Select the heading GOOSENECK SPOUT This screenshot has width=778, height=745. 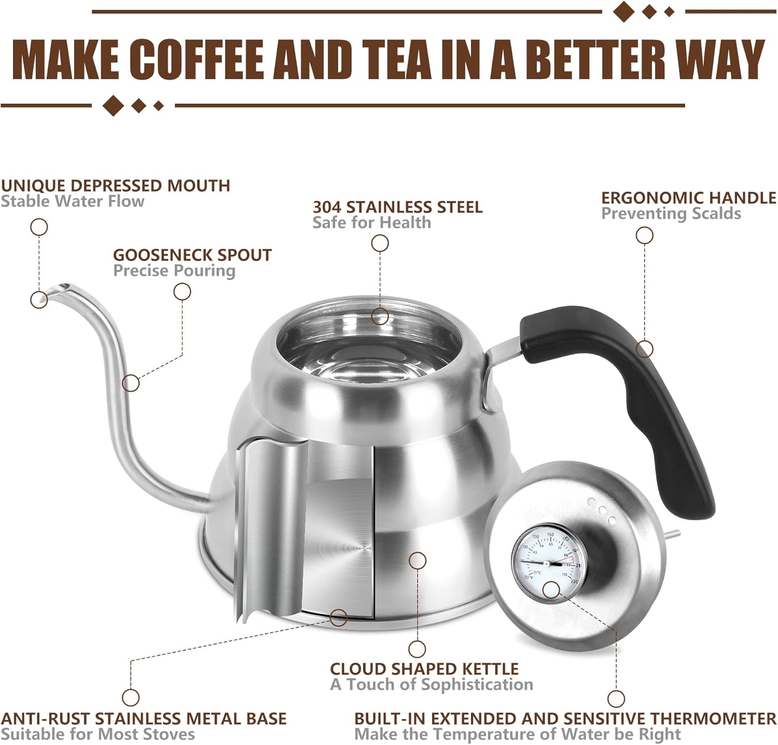click(192, 255)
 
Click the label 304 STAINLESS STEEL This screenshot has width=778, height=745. click(397, 207)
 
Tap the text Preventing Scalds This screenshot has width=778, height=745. click(671, 213)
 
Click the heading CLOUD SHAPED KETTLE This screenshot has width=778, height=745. click(424, 669)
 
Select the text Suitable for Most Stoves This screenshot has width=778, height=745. click(98, 734)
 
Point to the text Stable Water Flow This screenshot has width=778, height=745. click(72, 201)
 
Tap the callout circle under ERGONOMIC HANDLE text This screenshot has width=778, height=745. click(644, 236)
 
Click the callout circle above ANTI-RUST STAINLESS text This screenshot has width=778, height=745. click(130, 697)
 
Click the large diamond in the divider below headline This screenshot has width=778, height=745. click(113, 105)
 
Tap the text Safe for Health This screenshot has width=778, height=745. click(371, 223)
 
